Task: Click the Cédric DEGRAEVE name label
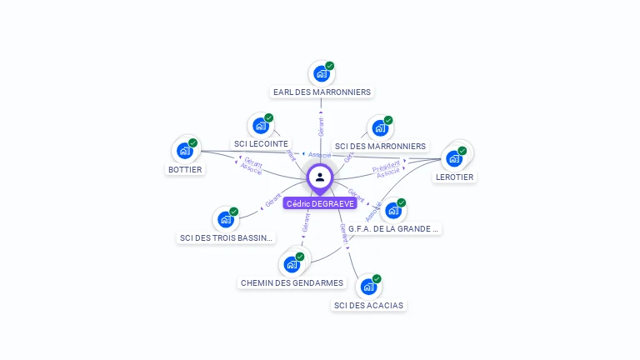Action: [320, 203]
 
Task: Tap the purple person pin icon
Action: [320, 177]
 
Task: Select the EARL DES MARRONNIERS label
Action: [322, 92]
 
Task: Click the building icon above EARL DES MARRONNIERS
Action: [321, 73]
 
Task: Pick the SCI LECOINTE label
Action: [261, 143]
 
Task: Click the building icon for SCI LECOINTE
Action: [261, 126]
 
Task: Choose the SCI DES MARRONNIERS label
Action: [380, 146]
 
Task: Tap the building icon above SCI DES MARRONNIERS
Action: [380, 128]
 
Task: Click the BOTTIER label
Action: [185, 169]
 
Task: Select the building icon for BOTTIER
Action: [185, 151]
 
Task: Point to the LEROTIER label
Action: [454, 177]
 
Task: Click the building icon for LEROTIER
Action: [454, 157]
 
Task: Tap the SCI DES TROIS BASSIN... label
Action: [226, 237]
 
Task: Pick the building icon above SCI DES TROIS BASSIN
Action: [225, 220]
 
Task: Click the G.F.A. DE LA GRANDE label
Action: [393, 228]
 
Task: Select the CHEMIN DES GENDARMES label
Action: [292, 282]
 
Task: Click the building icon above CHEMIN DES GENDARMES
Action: [292, 264]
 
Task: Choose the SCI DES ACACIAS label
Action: [368, 305]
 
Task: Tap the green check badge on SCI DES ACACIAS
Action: [377, 278]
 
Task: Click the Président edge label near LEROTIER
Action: [386, 167]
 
